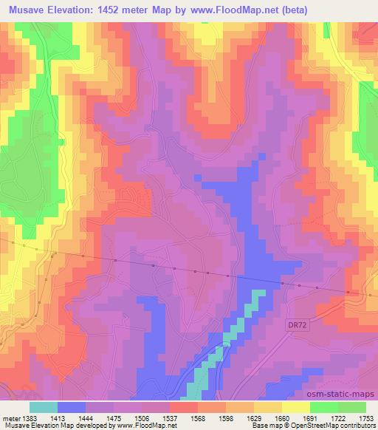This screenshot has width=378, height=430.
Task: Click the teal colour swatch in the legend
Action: [x=44, y=407]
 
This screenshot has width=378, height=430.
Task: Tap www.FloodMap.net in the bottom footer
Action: [x=143, y=426]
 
